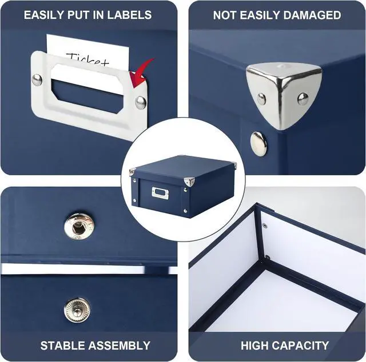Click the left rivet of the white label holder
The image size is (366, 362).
pos(37,80)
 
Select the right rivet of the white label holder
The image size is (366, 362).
pos(140,102)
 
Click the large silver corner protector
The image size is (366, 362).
pos(284,91)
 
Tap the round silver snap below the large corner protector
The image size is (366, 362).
pos(259,143)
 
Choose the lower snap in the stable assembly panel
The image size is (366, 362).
pos(77,309)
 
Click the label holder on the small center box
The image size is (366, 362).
pos(160,193)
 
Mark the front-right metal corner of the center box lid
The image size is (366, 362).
pos(189,182)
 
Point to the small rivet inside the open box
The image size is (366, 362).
pos(264,226)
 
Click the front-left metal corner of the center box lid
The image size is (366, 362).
pos(132,172)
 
